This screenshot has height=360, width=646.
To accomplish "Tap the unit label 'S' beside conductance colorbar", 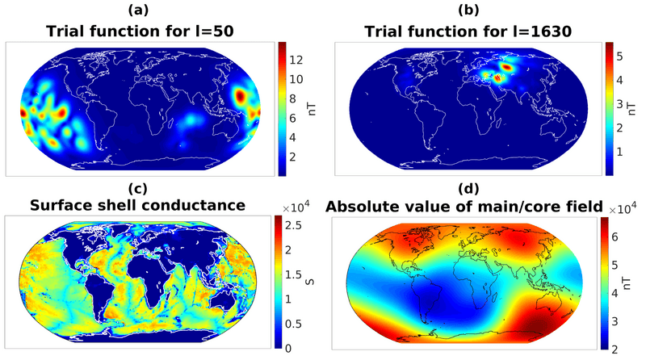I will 321,282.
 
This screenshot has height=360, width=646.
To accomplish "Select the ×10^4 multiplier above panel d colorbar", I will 623,208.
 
